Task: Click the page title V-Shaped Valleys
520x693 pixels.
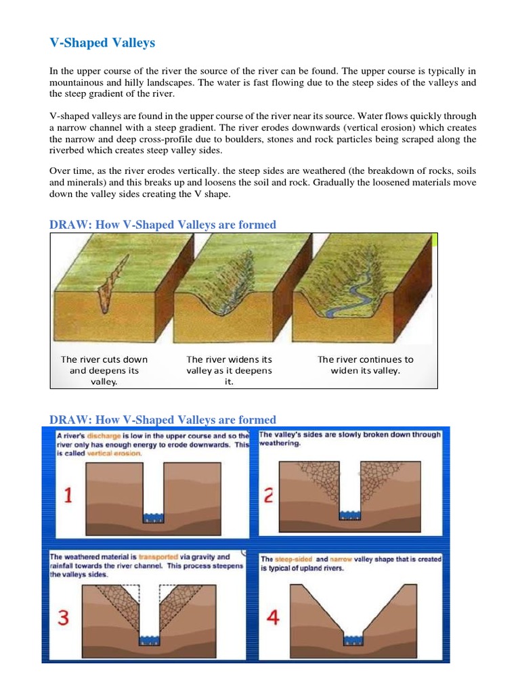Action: (x=102, y=43)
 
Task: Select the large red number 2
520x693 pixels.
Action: (x=268, y=495)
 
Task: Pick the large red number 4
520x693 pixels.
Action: (x=272, y=618)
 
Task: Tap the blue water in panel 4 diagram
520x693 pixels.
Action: (x=354, y=640)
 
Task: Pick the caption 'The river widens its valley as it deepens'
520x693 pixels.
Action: (x=229, y=370)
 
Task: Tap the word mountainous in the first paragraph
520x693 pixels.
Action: (x=83, y=83)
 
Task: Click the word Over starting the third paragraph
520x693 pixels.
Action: (x=60, y=171)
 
